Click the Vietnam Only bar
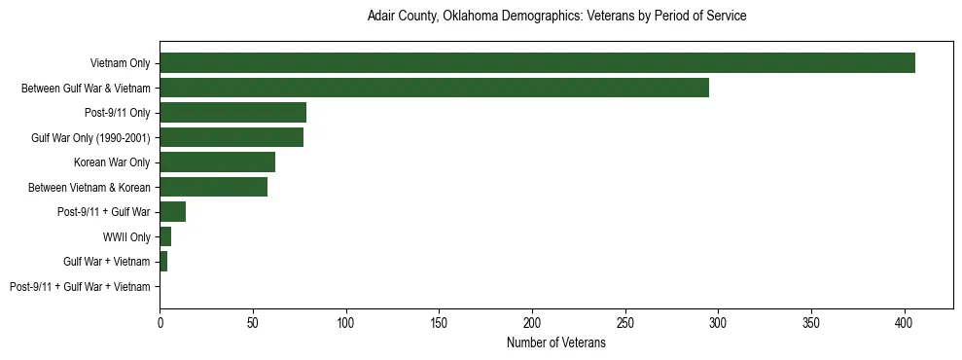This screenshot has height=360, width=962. [537, 63]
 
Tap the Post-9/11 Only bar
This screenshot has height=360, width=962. [232, 113]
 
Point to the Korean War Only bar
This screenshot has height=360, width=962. [217, 162]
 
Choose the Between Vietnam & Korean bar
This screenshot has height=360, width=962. [213, 187]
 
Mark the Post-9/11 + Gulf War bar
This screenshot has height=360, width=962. [172, 212]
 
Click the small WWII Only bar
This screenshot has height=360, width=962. [165, 236]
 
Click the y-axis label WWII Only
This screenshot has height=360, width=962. [126, 236]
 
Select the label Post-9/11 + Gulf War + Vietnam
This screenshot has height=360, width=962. [80, 286]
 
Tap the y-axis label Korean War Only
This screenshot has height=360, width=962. [112, 162]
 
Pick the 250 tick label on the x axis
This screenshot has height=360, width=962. [625, 319]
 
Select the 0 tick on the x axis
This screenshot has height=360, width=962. [160, 319]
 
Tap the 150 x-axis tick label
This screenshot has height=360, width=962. [439, 319]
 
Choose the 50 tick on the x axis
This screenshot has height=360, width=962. [253, 319]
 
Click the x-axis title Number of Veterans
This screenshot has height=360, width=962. [555, 342]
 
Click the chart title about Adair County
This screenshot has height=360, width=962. [556, 17]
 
